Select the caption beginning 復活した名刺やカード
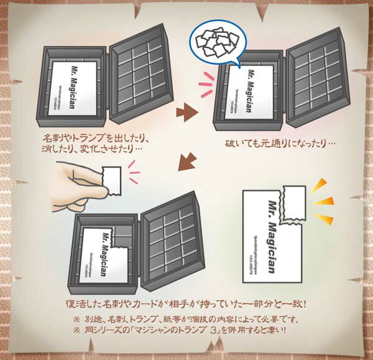[x=186, y=305]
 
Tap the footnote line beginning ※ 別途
[x=186, y=320]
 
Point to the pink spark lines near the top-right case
[x=205, y=85]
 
